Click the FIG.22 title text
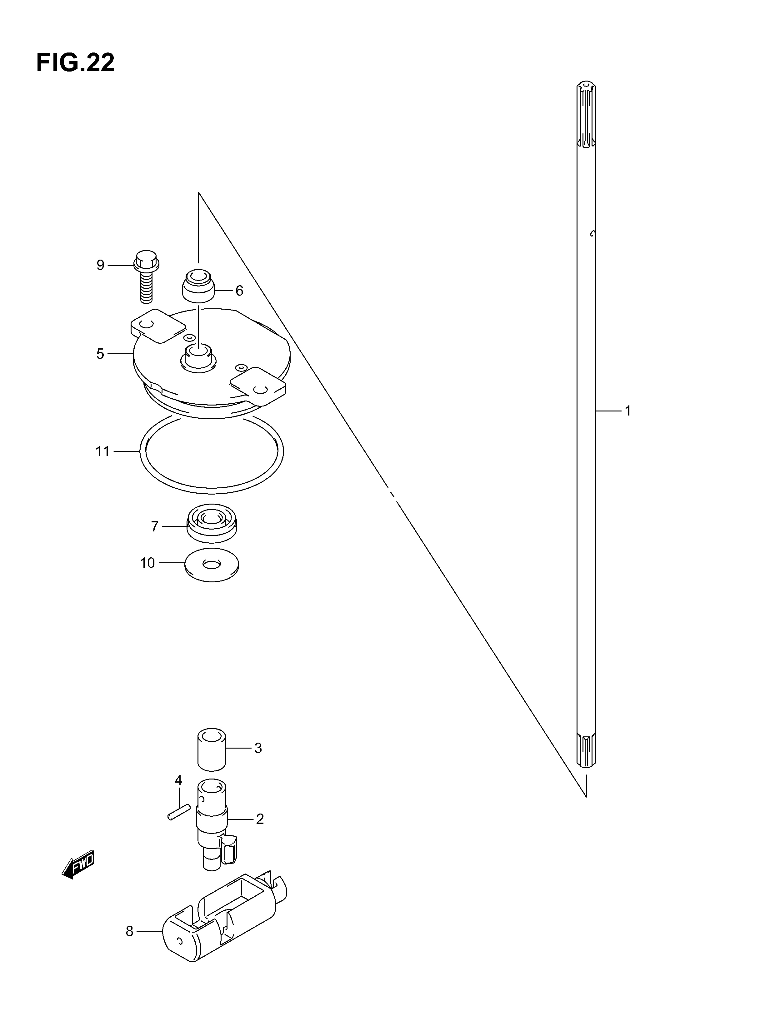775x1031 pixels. point(75,62)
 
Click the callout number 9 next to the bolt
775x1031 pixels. point(100,265)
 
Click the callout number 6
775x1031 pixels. point(239,291)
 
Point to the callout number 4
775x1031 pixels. point(178,780)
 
